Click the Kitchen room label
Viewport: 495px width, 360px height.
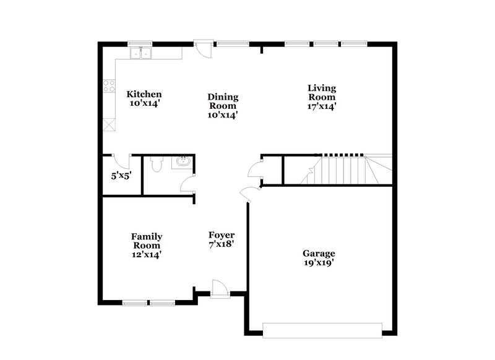144,94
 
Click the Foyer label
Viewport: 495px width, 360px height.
221,235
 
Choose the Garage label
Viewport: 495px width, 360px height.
319,253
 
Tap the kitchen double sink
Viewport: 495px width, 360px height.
140,53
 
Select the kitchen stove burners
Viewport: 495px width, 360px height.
110,87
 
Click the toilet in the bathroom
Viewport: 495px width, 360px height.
157,164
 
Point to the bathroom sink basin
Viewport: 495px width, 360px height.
183,163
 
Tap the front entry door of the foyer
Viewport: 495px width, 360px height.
219,288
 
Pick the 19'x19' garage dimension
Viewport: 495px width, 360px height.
319,262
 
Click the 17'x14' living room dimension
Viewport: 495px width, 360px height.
322,106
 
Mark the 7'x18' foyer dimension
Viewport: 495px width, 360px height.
221,244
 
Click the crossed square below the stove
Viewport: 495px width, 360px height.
110,124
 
